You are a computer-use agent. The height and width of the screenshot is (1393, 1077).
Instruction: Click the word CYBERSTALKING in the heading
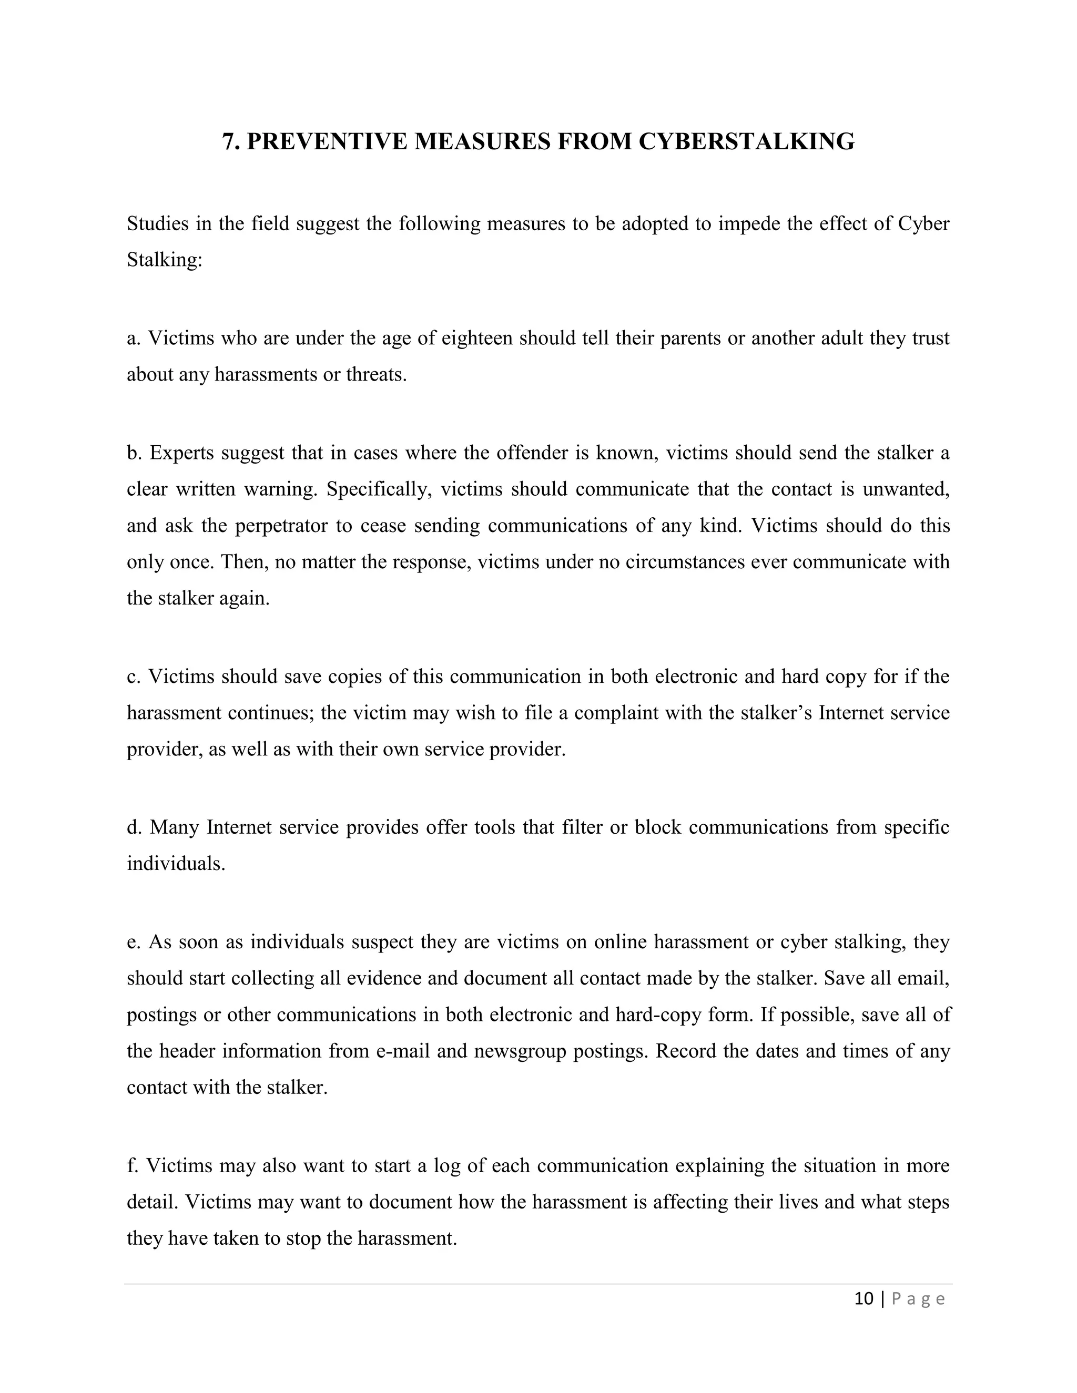(747, 141)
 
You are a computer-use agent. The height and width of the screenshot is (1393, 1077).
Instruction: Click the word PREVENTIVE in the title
(327, 141)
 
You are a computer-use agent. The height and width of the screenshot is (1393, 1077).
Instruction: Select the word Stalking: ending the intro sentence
(164, 260)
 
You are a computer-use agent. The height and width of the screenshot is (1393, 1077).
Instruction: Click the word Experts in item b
(182, 453)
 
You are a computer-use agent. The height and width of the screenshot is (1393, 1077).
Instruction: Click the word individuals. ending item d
(176, 864)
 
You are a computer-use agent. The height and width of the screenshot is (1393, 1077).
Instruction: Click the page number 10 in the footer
(863, 1299)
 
